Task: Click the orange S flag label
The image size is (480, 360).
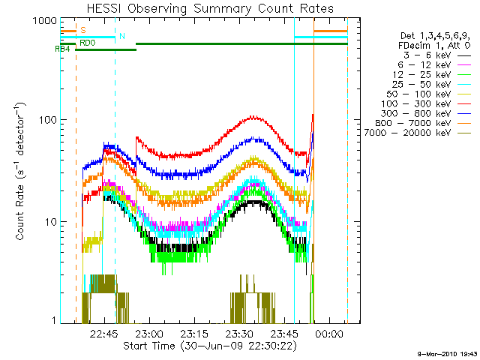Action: coord(82,30)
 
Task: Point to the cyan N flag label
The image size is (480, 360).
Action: coord(122,36)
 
